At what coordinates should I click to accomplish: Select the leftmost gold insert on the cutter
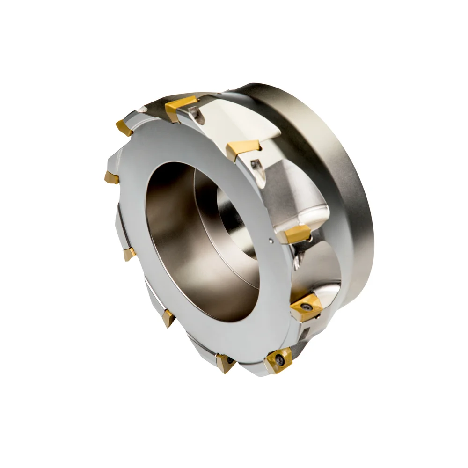[x=112, y=177]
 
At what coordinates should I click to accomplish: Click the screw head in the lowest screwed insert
[x=279, y=360]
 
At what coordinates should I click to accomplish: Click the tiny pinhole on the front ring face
[x=272, y=241]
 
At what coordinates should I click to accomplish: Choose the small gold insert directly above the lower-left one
[x=129, y=254]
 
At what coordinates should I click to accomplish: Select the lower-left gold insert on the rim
[x=168, y=318]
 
